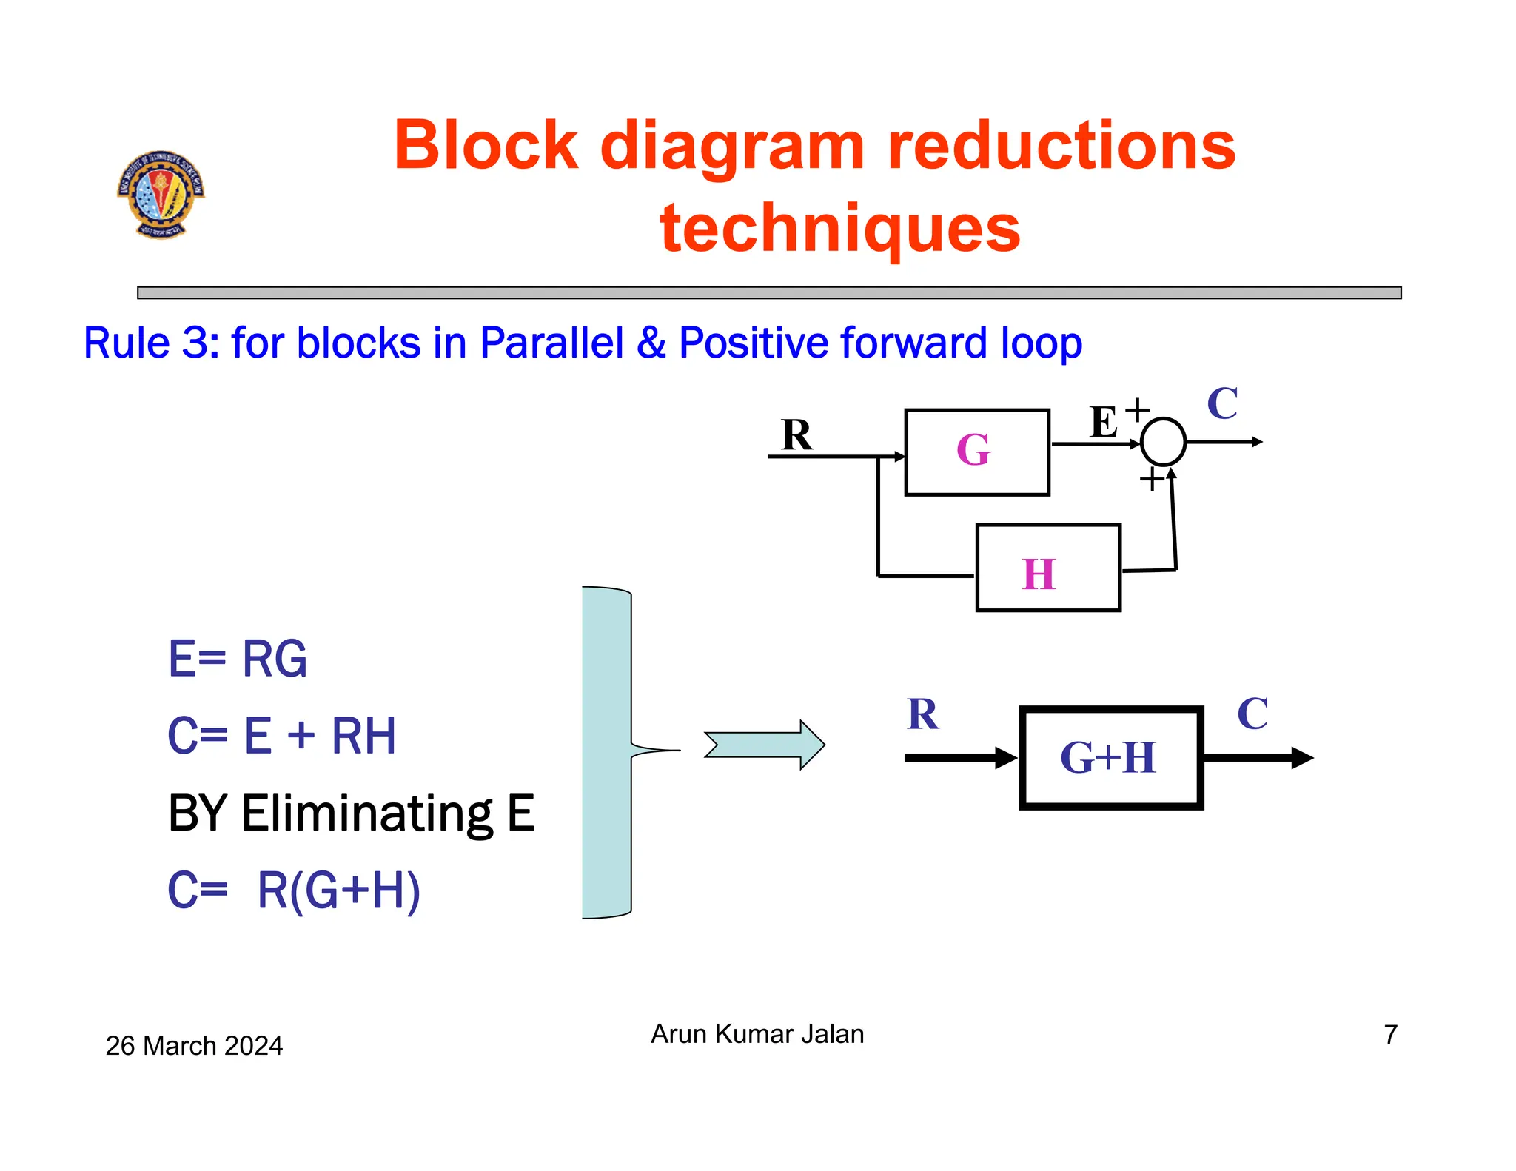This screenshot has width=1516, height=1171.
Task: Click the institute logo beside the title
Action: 161,194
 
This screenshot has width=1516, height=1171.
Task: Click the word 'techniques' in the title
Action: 839,228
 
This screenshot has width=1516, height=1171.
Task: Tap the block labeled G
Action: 976,452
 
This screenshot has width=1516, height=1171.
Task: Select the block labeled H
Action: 1047,568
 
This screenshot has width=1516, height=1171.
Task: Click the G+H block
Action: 1110,758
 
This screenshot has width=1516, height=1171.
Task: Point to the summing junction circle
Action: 1163,442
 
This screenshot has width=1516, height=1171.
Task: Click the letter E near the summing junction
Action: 1103,423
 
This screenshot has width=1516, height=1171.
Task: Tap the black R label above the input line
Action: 796,434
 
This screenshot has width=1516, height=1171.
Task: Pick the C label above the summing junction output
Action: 1222,403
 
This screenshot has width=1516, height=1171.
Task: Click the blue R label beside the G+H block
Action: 922,714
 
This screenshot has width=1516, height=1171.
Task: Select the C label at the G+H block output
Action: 1252,714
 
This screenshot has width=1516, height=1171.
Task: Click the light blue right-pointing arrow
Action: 764,745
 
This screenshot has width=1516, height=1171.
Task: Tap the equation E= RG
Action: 237,659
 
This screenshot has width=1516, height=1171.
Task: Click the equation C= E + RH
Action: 281,736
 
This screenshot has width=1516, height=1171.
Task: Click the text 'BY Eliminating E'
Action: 351,813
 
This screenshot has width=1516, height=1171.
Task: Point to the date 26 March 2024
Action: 194,1045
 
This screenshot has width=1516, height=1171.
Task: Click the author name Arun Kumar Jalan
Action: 757,1033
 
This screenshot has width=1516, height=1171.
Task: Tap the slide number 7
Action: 1390,1034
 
